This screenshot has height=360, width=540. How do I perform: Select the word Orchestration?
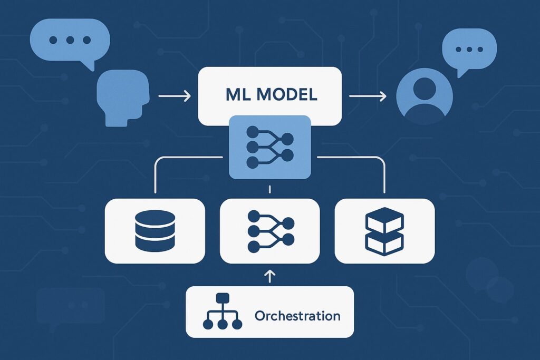[297, 316]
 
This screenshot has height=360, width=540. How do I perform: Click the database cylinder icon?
[155, 231]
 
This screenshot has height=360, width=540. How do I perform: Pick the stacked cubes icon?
[384, 230]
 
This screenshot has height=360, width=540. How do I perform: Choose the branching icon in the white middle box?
[269, 231]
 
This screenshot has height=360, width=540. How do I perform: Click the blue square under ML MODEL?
[269, 147]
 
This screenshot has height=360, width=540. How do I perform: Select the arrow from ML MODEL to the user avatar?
[368, 96]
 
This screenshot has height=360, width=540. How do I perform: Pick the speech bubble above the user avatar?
[469, 48]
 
